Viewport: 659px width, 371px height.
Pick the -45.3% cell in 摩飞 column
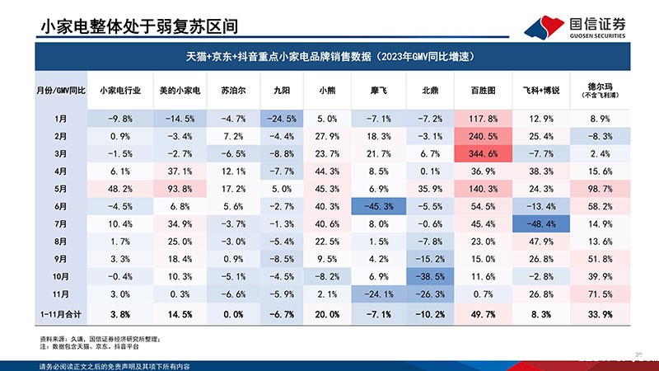click(379, 207)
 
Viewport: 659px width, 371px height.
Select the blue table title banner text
click(329, 57)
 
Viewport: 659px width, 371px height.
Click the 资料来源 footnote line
click(99, 339)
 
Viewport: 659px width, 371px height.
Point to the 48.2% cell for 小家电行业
click(119, 190)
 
